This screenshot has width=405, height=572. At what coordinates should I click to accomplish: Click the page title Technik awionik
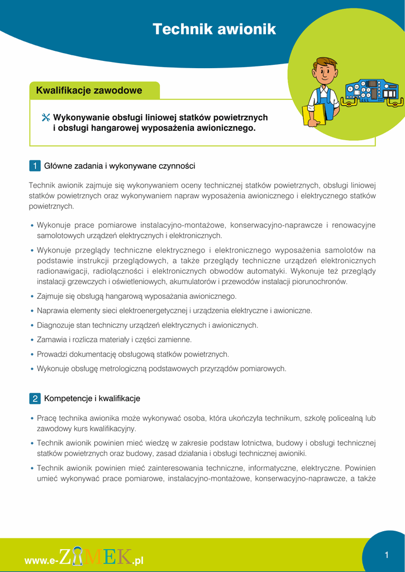pos(215,30)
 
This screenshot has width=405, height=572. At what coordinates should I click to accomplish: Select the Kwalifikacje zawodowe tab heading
pos(89,90)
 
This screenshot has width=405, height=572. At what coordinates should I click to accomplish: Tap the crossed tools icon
pos(46,118)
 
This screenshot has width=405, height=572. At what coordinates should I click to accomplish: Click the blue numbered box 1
pos(34,166)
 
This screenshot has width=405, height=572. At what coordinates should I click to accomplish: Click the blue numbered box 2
pos(34,399)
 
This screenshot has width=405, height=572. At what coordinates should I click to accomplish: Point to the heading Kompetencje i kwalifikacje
pos(92,399)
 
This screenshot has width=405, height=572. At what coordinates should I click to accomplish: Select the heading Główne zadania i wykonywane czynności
pos(120,166)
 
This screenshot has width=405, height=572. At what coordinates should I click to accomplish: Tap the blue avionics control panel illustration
pos(371,91)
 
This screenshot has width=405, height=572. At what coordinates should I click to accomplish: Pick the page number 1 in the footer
pos(386,555)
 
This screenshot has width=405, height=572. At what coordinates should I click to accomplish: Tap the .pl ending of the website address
pos(138,560)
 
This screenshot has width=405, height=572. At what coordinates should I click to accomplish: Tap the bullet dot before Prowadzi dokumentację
pos(32,355)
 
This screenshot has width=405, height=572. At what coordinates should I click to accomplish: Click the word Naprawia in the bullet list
pos(52,311)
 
